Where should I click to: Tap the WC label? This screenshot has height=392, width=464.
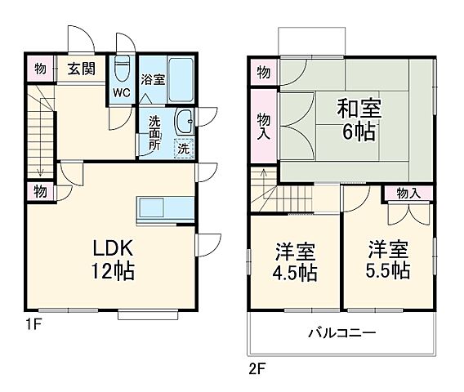click(x=121, y=93)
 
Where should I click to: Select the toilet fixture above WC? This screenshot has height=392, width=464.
click(x=122, y=68)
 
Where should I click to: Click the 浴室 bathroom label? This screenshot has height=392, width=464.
click(x=153, y=80)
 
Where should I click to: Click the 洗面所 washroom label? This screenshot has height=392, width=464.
click(x=154, y=133)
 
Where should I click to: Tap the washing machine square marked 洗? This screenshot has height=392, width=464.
click(x=184, y=149)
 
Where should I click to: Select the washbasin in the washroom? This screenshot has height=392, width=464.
click(x=184, y=120)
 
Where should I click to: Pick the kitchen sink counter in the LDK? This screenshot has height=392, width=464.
click(x=166, y=208)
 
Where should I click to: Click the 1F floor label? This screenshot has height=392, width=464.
click(x=33, y=325)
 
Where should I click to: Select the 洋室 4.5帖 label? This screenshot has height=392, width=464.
click(x=296, y=261)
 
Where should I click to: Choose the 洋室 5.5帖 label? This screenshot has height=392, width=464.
click(x=388, y=259)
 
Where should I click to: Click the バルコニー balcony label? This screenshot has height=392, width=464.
click(x=341, y=333)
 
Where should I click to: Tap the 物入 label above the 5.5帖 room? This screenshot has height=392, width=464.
click(x=408, y=194)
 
